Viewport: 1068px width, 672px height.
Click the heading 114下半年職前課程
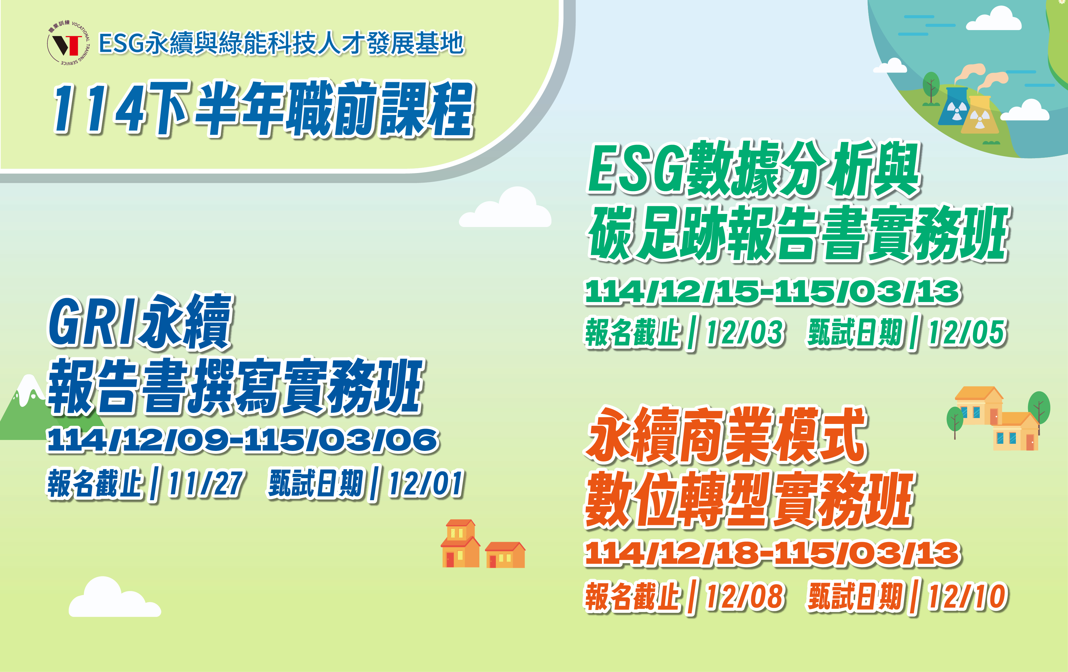point(263,109)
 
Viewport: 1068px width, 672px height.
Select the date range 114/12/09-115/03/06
point(243,440)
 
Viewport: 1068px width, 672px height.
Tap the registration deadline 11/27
point(205,483)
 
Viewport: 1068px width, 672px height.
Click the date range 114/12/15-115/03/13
point(773,292)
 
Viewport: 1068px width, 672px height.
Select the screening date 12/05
point(967,333)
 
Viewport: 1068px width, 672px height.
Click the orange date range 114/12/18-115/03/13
point(773,553)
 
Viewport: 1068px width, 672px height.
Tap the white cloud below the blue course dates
point(114,599)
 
